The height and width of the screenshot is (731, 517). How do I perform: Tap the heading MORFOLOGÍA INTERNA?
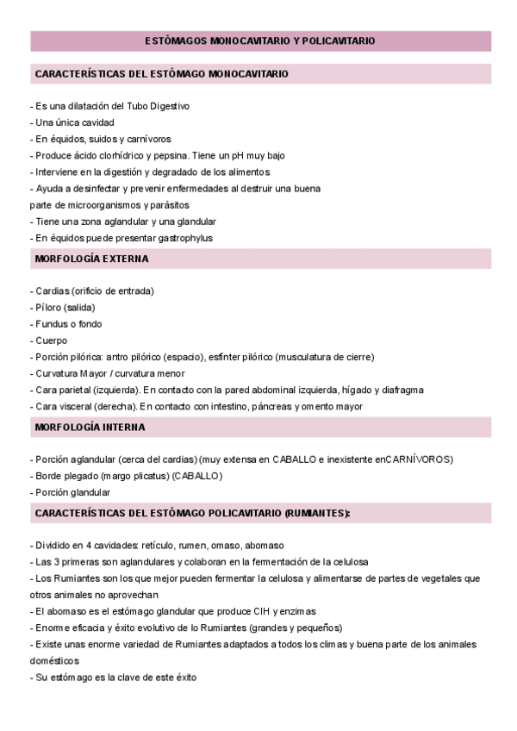coord(90,427)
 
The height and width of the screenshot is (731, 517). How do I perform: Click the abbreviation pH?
coord(227,155)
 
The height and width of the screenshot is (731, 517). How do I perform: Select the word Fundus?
coord(50,324)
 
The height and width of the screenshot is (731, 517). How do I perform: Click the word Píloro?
coord(49,308)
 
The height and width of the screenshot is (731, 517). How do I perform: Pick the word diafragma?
coord(402,390)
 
